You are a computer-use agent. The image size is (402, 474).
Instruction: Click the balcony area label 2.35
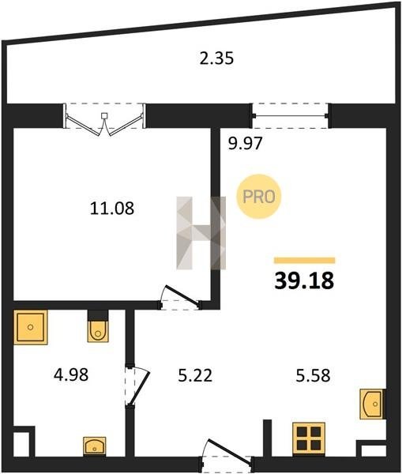pyautogui.click(x=216, y=58)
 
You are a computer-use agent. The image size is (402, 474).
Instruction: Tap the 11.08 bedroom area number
pyautogui.click(x=112, y=209)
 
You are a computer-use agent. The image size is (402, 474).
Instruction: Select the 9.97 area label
pyautogui.click(x=245, y=143)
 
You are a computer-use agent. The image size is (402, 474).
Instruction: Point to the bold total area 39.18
pyautogui.click(x=304, y=280)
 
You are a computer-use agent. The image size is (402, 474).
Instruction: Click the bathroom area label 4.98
pyautogui.click(x=71, y=374)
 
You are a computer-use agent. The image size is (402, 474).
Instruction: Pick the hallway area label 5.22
pyautogui.click(x=195, y=376)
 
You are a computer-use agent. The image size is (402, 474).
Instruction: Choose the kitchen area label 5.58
pyautogui.click(x=313, y=376)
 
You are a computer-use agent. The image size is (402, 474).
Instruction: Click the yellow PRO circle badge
pyautogui.click(x=259, y=197)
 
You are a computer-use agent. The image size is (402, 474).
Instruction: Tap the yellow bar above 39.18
pyautogui.click(x=304, y=260)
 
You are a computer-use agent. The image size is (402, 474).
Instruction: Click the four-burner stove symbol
pyautogui.click(x=309, y=439)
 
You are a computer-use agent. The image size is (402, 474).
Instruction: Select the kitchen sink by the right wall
pyautogui.click(x=372, y=404)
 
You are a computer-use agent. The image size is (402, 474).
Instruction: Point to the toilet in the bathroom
pyautogui.click(x=98, y=331)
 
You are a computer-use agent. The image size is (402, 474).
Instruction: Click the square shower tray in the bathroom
pyautogui.click(x=31, y=327)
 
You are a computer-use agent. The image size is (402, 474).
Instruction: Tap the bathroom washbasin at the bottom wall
pyautogui.click(x=95, y=446)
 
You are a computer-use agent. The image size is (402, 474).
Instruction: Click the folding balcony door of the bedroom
pyautogui.click(x=104, y=120)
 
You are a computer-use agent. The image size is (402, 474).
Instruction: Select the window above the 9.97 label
pyautogui.click(x=291, y=116)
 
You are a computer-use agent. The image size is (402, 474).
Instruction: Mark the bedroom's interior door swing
pyautogui.click(x=180, y=298)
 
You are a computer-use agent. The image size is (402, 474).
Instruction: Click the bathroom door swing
pyautogui.click(x=137, y=386)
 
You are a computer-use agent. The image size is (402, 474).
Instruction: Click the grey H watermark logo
pyautogui.click(x=201, y=233)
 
